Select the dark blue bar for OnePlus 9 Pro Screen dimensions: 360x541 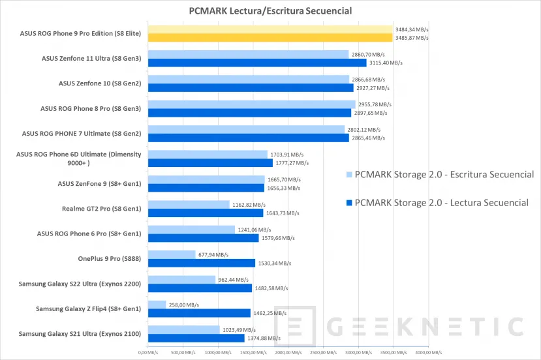pyautogui.click(x=201, y=263)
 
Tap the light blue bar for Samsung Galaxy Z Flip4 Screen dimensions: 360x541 pyautogui.click(x=157, y=305)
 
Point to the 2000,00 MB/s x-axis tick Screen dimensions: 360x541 pyautogui.click(x=285, y=353)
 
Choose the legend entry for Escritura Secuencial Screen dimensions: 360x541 pyautogui.click(x=439, y=175)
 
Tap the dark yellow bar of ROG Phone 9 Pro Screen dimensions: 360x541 pyautogui.click(x=270, y=38)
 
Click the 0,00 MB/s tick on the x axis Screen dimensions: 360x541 pyautogui.click(x=148, y=353)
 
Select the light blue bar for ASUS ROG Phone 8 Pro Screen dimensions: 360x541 pyautogui.click(x=251, y=104)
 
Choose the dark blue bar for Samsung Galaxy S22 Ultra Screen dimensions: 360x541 pyautogui.click(x=200, y=288)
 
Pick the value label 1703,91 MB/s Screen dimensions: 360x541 pyautogui.click(x=285, y=155)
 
